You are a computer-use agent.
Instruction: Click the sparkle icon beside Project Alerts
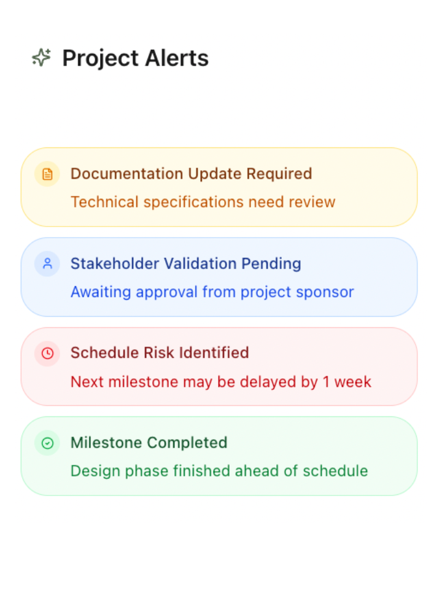point(41,58)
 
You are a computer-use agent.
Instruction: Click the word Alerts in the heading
point(177,58)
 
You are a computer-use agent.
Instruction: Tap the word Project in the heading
point(100,58)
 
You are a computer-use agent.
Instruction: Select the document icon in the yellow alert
point(47,174)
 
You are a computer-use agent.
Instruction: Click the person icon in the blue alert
point(47,263)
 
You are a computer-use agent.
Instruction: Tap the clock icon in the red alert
point(47,353)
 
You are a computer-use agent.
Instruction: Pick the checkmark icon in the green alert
point(47,443)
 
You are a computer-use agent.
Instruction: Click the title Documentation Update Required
point(191,174)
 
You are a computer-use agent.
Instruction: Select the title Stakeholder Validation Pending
point(185,263)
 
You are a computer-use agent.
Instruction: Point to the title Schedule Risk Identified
point(160,353)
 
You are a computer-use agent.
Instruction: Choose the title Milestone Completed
point(149,443)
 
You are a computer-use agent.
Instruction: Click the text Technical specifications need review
point(203,202)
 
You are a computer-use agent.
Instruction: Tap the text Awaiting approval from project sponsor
point(212,292)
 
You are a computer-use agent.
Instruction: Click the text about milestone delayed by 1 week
point(220,382)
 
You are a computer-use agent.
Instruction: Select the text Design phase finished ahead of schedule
point(219,471)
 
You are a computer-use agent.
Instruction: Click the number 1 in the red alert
point(327,382)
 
